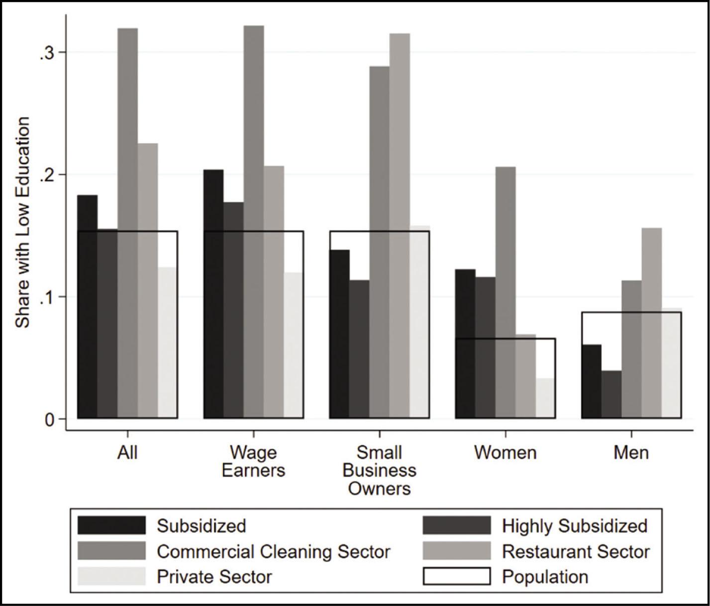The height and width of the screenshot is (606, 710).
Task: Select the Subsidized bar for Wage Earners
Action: (x=213, y=294)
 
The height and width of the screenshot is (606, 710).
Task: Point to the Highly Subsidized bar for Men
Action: (x=611, y=394)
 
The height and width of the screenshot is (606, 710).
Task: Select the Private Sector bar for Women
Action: (x=545, y=398)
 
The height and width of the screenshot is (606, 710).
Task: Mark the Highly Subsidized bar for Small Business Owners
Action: (x=359, y=349)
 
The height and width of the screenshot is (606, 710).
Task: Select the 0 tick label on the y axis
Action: (x=48, y=419)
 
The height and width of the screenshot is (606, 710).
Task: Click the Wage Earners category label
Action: (x=253, y=461)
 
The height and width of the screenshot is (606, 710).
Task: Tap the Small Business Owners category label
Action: (x=380, y=470)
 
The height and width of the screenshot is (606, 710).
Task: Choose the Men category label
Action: (x=631, y=453)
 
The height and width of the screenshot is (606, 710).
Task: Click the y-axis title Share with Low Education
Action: (x=23, y=222)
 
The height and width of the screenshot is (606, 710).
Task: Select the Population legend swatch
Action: (x=456, y=577)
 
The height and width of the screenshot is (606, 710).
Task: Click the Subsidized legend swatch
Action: (x=111, y=525)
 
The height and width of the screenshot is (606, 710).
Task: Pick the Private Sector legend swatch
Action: (x=111, y=577)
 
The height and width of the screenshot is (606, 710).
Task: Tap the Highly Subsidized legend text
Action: (x=575, y=526)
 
